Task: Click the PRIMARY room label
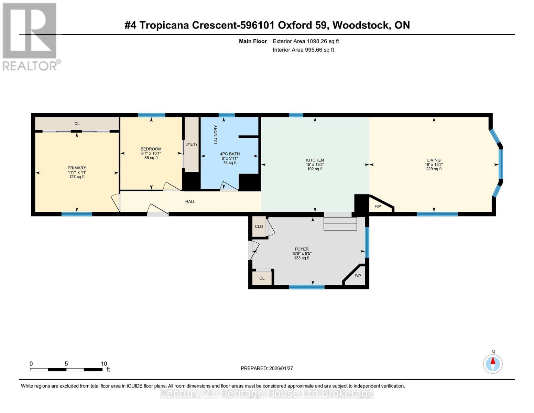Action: [x=77, y=168]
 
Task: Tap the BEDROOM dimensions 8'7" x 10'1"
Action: [x=151, y=153]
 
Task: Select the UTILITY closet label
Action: [x=192, y=145]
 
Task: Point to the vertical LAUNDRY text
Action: [x=216, y=135]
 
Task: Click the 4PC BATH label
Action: [x=230, y=154]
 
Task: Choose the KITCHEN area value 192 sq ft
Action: [x=315, y=169]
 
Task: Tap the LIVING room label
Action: [x=434, y=160]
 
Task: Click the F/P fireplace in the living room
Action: [x=378, y=206]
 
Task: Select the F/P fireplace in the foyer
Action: [x=358, y=276]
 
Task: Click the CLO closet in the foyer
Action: [x=259, y=226]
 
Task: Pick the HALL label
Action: [x=190, y=202]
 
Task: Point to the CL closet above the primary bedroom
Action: [x=77, y=124]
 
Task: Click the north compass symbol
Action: [x=493, y=363]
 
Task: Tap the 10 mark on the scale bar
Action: [x=104, y=364]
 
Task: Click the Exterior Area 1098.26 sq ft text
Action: [x=306, y=41]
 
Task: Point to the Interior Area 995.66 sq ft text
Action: [x=303, y=50]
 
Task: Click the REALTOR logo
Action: [x=30, y=36]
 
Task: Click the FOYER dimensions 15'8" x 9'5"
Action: [x=302, y=254]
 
